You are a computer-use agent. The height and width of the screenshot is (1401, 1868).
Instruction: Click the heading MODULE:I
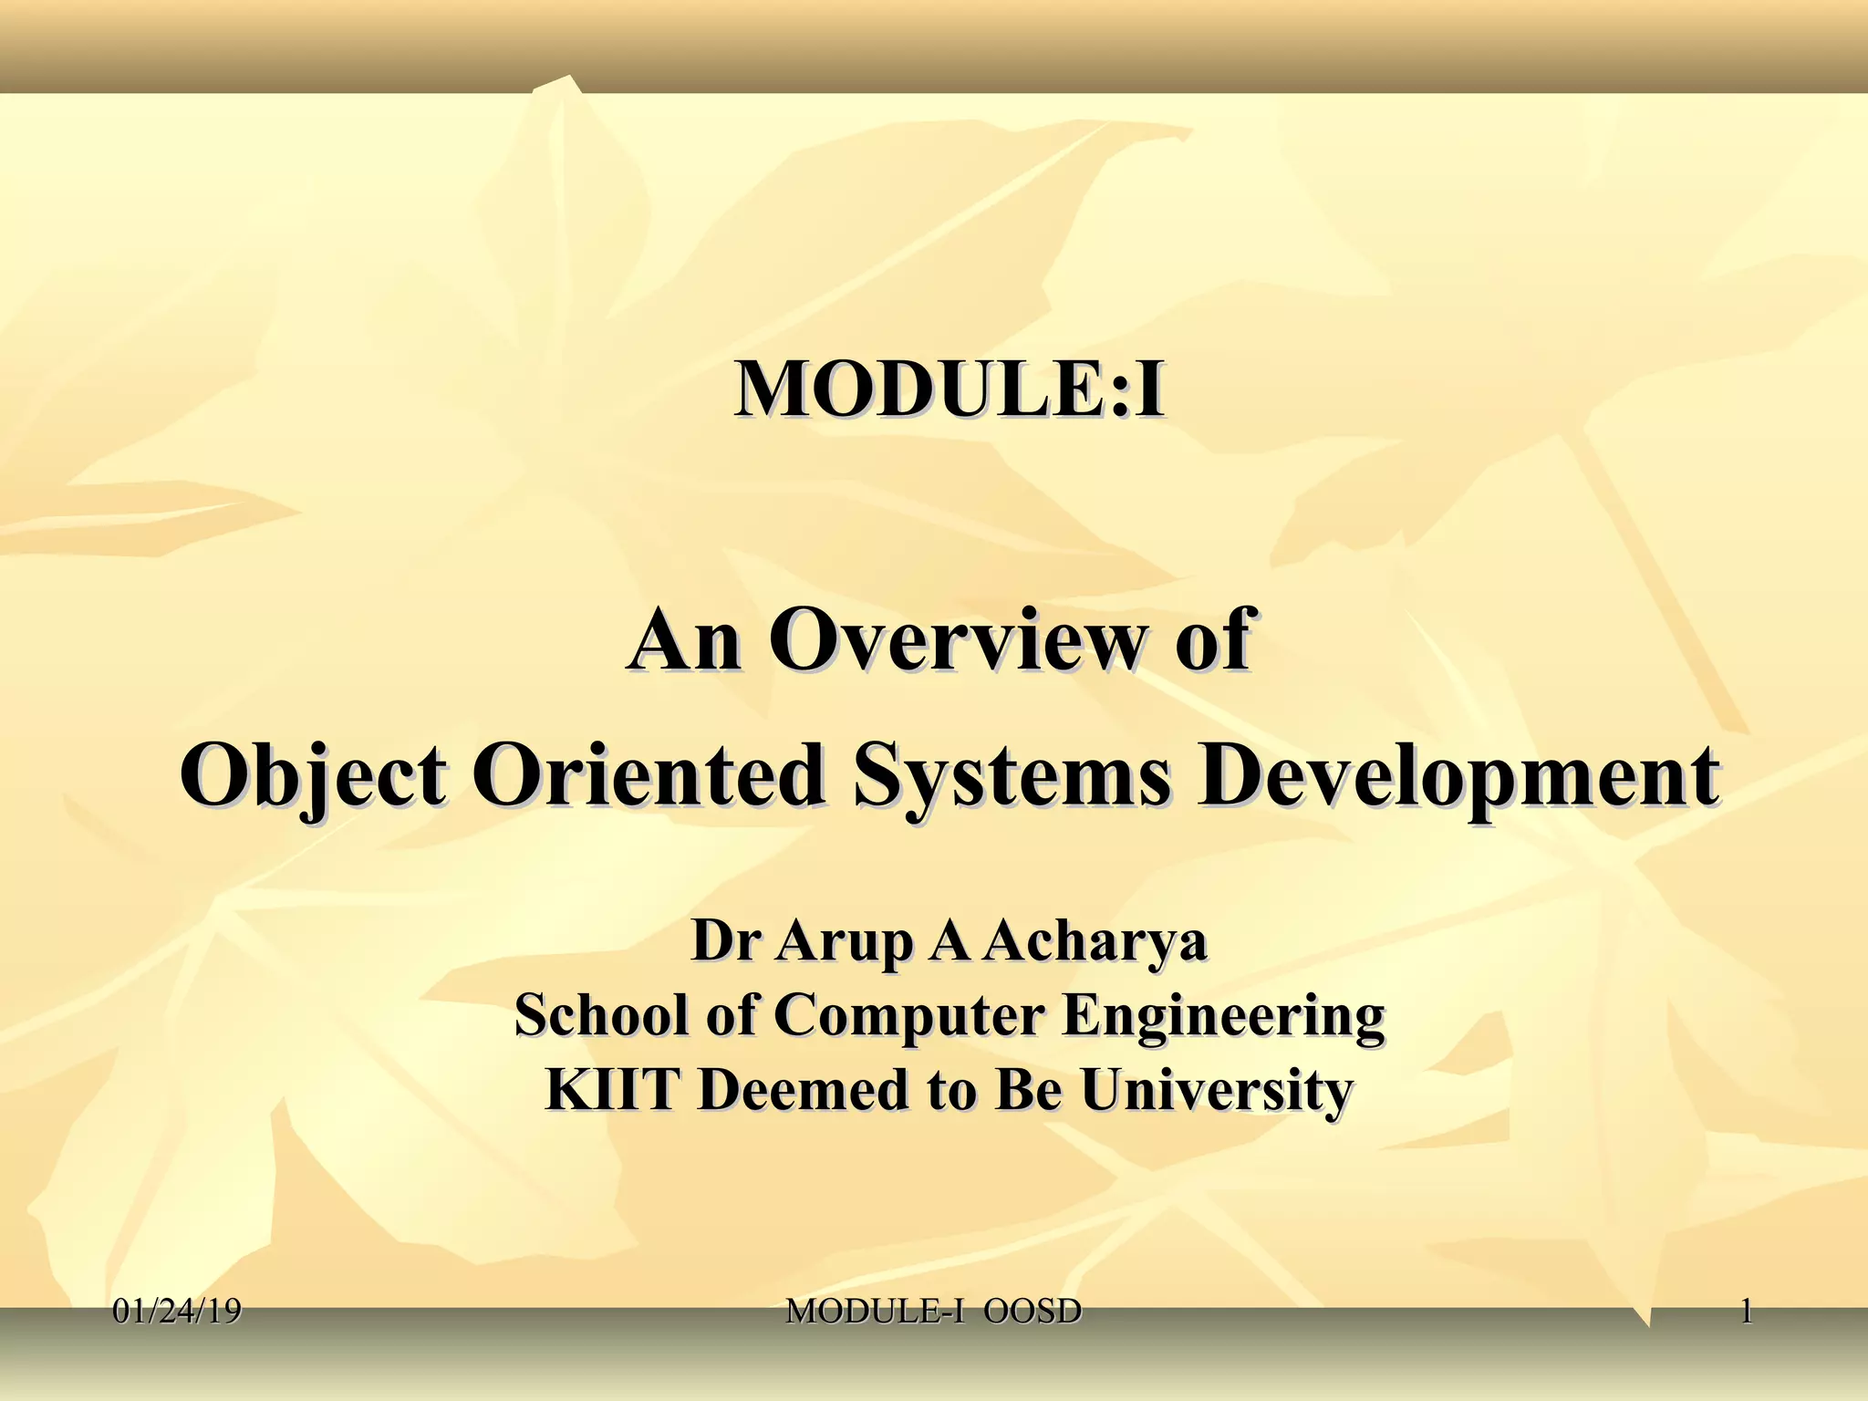point(949,389)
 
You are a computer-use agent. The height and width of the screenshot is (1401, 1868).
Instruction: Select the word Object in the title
point(313,776)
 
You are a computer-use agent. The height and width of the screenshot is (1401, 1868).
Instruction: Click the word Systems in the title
point(1011,776)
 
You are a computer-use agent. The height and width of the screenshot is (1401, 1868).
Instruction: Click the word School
point(601,1014)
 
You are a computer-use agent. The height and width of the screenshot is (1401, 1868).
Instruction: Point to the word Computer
point(908,1016)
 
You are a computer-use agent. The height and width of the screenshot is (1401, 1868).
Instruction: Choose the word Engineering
point(1222,1016)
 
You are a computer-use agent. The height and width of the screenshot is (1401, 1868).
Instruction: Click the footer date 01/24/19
point(177,1312)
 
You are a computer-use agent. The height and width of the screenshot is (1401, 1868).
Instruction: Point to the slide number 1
point(1746,1312)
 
